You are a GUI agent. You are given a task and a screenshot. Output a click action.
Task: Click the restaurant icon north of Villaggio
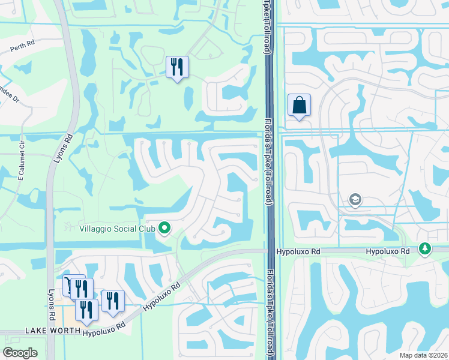click(177, 67)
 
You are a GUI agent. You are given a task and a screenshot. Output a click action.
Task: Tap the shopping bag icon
click(299, 106)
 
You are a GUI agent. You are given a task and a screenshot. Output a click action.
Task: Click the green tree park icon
click(425, 248)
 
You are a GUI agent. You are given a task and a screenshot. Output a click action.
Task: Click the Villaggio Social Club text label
click(118, 229)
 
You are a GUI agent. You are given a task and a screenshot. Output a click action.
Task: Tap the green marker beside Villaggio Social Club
click(164, 228)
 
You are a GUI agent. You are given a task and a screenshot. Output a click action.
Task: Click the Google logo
click(20, 353)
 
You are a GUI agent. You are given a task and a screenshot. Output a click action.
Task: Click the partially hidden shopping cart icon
click(68, 281)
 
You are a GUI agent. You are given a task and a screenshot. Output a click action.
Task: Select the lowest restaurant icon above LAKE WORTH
click(86, 310)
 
